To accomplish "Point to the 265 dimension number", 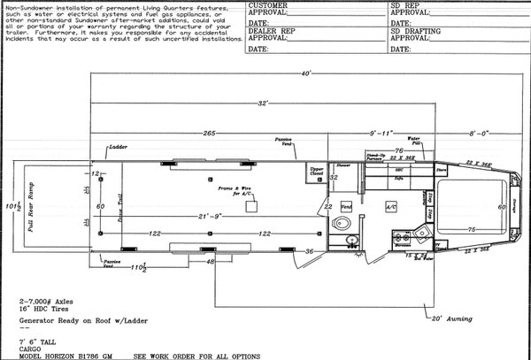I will coord(209,133).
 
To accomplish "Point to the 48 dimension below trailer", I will coord(211,263).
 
